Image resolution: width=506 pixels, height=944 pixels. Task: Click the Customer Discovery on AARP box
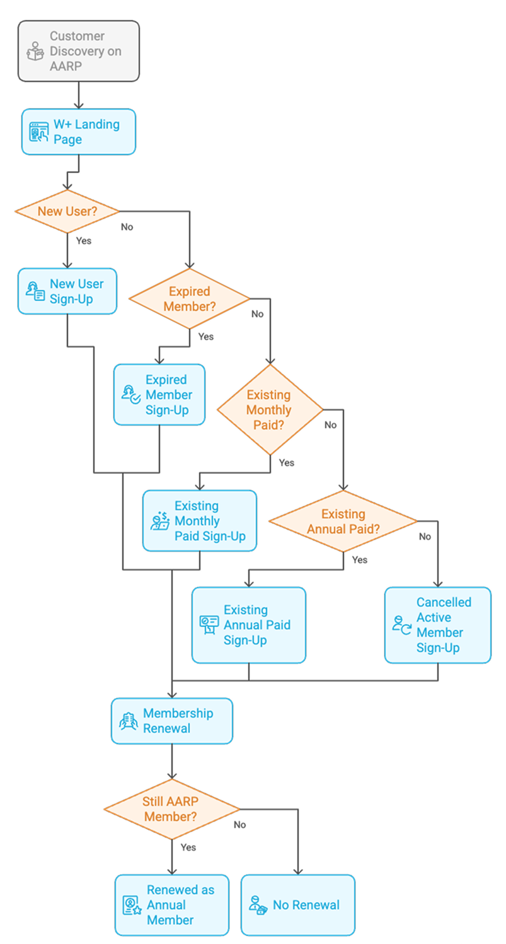tap(78, 51)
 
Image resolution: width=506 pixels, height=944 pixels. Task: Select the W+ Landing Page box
tap(78, 132)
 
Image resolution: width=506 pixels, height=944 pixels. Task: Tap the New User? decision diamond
tap(67, 211)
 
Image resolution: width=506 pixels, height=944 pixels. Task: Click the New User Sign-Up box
tap(67, 291)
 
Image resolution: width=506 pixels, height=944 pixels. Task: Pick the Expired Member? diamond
tap(190, 299)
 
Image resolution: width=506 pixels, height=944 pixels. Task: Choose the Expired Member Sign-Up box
tap(159, 395)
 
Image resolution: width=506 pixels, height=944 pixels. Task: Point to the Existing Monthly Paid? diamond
tap(270, 410)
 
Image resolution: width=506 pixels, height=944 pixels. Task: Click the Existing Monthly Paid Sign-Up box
tap(200, 521)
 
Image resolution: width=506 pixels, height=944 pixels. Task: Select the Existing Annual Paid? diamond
tap(343, 522)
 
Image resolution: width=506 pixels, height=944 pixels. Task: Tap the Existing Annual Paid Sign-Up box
tap(248, 625)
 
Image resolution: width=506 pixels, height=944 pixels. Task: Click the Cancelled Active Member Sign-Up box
tap(437, 625)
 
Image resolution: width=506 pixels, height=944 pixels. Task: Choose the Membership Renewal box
tap(172, 721)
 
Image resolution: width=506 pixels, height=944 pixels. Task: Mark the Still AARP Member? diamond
tap(171, 809)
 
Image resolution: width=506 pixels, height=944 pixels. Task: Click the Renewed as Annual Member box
tap(171, 905)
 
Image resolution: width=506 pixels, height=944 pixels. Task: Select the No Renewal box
tap(297, 905)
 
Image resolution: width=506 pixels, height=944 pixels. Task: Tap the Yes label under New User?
tap(84, 241)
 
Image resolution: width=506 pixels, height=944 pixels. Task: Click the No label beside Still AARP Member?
tap(240, 825)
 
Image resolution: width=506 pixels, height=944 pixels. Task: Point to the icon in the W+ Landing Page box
tap(39, 132)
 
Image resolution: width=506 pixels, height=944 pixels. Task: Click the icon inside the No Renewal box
tap(258, 905)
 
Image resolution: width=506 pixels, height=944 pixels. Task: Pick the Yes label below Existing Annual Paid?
tap(360, 560)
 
